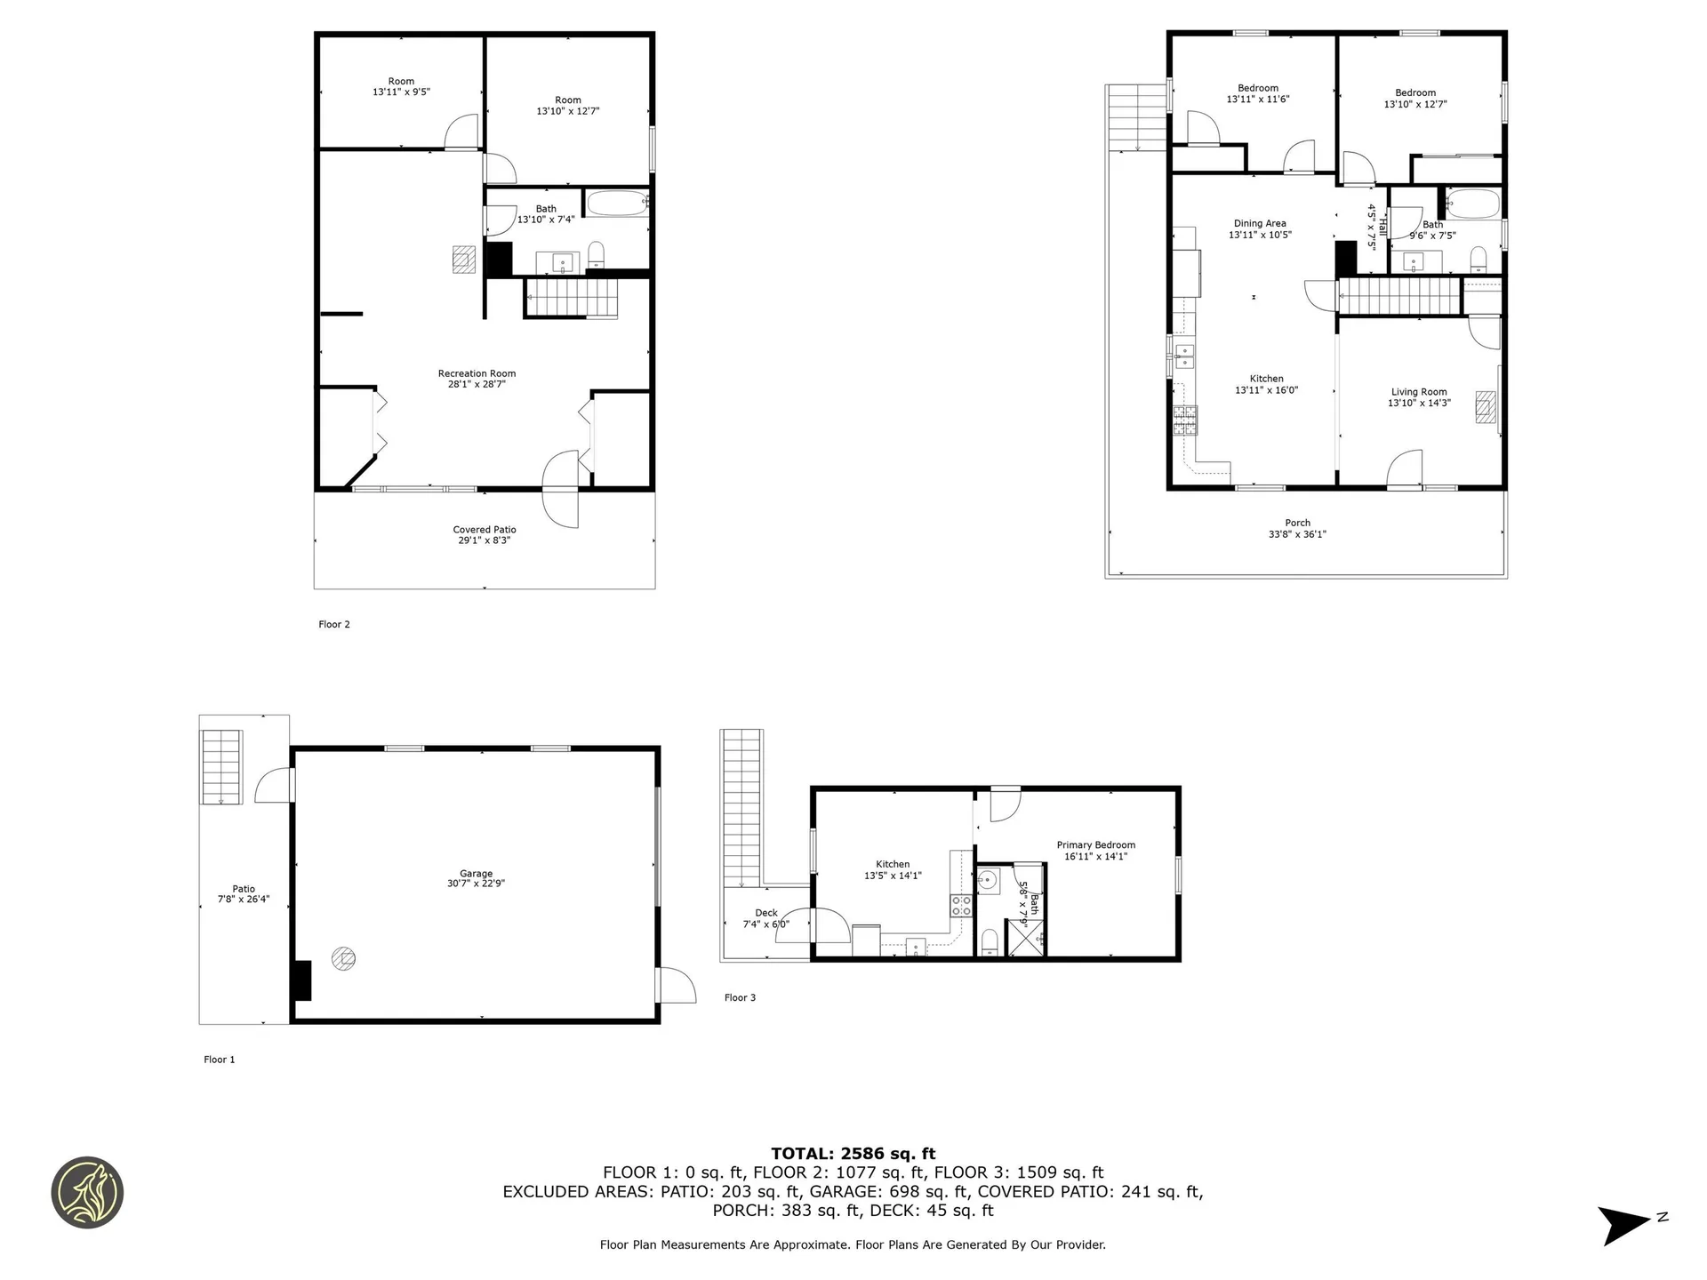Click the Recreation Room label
477,373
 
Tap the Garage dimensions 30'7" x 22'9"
476,884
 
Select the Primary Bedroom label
1095,845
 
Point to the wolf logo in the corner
87,1192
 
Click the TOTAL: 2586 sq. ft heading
853,1154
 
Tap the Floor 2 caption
334,624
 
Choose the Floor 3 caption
740,997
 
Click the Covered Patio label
485,530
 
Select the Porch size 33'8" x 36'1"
1297,534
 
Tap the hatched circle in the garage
343,958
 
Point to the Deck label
766,913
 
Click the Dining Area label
1260,224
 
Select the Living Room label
1419,392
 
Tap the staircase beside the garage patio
221,766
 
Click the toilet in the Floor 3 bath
990,941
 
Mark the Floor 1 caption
220,1060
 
